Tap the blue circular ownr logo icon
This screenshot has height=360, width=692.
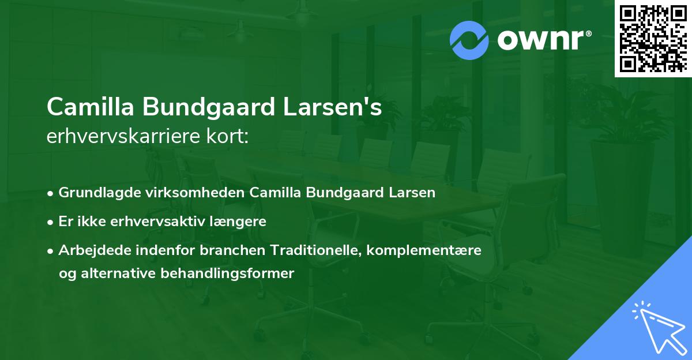(x=469, y=40)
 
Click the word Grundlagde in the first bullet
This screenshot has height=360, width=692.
(x=95, y=193)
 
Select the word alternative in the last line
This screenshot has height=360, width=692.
(x=120, y=273)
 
